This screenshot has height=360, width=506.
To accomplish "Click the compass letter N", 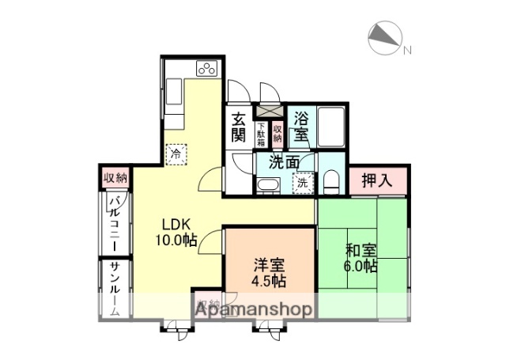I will coord(408,51).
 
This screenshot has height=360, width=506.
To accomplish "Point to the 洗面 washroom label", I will coord(284,163).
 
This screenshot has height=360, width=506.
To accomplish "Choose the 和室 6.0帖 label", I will coord(361,258).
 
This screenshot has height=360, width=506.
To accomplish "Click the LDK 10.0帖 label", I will coord(175,230).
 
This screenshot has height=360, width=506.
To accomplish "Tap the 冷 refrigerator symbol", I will coord(175,153).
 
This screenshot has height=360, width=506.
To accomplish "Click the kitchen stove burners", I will coord(207,68).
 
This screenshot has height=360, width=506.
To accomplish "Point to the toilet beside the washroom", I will coord(330,180).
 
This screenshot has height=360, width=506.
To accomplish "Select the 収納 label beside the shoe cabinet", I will coord(278,132).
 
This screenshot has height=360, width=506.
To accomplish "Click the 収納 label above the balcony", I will coord(115,177).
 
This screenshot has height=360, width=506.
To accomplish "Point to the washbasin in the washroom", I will coord(267,186).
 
